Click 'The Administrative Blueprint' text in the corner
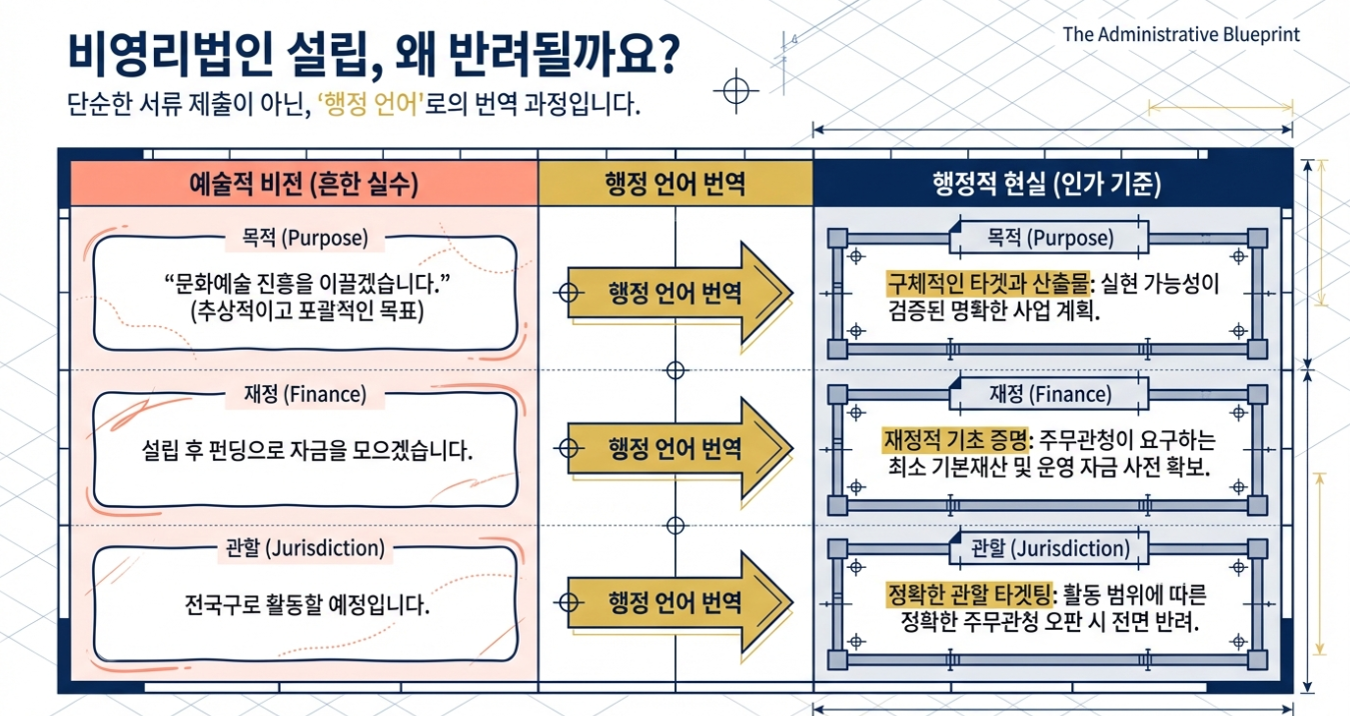(x=1181, y=34)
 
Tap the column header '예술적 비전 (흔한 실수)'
(x=304, y=184)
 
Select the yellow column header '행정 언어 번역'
(x=675, y=184)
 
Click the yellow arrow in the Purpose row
(x=678, y=293)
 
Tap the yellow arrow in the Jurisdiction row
(x=678, y=603)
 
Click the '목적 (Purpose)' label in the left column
(x=305, y=239)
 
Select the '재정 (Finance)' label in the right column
(x=1049, y=394)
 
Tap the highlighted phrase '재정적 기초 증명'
(x=957, y=440)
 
